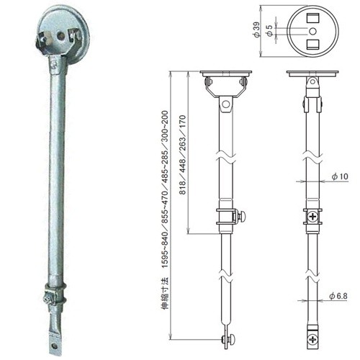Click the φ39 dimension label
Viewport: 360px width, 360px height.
(256, 30)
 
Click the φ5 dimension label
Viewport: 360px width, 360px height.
(270, 30)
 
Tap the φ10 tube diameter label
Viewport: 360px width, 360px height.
(340, 176)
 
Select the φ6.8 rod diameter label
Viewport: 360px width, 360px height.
(338, 296)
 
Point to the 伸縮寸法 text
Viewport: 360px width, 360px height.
(165, 293)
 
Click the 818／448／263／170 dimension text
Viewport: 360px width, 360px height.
(182, 155)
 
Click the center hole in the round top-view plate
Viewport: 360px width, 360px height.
(312, 31)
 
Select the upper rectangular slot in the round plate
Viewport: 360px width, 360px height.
(313, 18)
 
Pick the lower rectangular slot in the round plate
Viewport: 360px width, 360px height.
(313, 44)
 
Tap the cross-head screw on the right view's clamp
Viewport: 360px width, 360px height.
(312, 217)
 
